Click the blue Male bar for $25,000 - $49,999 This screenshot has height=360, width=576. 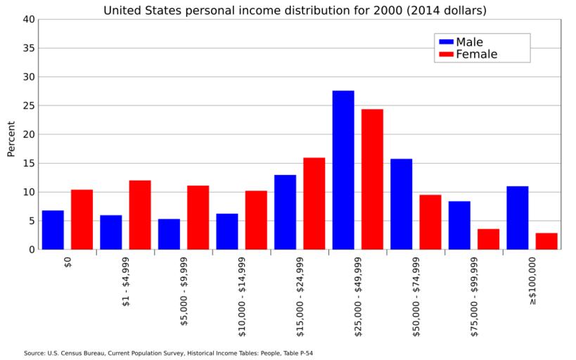coord(343,170)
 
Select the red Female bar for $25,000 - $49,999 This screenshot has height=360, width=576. coord(372,179)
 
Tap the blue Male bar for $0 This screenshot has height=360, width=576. coord(53,230)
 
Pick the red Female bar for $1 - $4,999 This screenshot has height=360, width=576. coord(140,214)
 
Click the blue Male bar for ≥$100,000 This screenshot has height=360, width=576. coord(517,217)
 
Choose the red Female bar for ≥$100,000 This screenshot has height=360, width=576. coord(546,241)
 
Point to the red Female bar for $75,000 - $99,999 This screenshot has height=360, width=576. coord(488,239)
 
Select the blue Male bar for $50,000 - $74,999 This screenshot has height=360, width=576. coord(401,204)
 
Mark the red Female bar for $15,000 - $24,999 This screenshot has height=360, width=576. coord(314,203)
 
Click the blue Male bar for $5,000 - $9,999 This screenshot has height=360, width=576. coord(169,234)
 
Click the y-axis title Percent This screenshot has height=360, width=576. coord(11,139)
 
